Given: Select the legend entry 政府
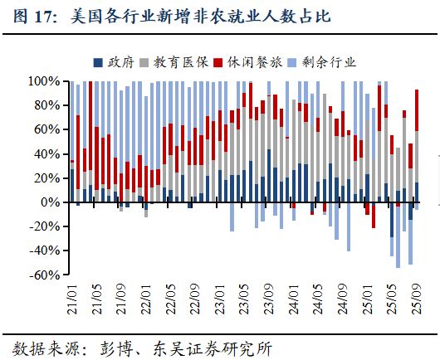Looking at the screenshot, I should (120, 61).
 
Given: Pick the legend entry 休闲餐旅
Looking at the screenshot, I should (250, 61).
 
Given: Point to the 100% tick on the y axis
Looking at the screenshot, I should (44, 82).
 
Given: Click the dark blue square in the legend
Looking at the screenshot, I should (99, 62).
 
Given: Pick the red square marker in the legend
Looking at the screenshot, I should (218, 62).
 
